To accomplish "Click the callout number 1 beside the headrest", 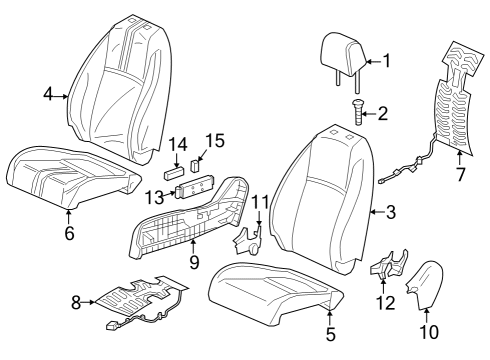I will click(387, 60).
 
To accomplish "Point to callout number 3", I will click(390, 212).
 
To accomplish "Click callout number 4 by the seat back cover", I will click(47, 96).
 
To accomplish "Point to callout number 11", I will click(260, 203).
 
